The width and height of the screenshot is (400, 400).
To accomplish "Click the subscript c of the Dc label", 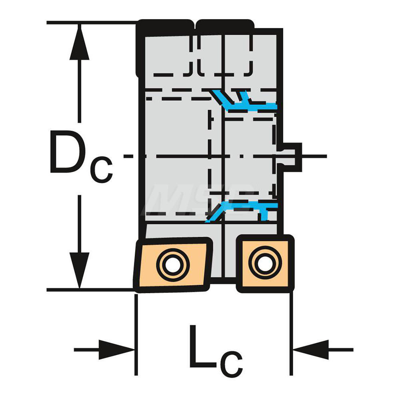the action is click(x=102, y=169).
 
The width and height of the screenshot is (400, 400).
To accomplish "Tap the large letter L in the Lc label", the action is click(x=203, y=346).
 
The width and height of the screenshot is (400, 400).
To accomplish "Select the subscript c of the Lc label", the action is click(x=233, y=363).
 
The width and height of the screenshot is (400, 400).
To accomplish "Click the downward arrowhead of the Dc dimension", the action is click(x=79, y=270).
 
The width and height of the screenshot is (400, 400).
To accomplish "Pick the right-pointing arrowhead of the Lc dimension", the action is click(x=116, y=350).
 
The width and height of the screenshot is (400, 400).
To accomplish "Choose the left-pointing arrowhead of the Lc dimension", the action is click(x=311, y=350).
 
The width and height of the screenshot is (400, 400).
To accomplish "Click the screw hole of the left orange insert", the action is click(x=173, y=264).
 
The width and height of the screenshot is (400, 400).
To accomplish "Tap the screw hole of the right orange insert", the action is click(x=265, y=263).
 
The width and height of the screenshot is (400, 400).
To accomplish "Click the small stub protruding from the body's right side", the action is click(x=291, y=157).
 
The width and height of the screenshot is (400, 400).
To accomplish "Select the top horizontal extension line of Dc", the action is click(x=92, y=23).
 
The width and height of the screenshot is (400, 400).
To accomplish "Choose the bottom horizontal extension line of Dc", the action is click(x=91, y=290).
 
